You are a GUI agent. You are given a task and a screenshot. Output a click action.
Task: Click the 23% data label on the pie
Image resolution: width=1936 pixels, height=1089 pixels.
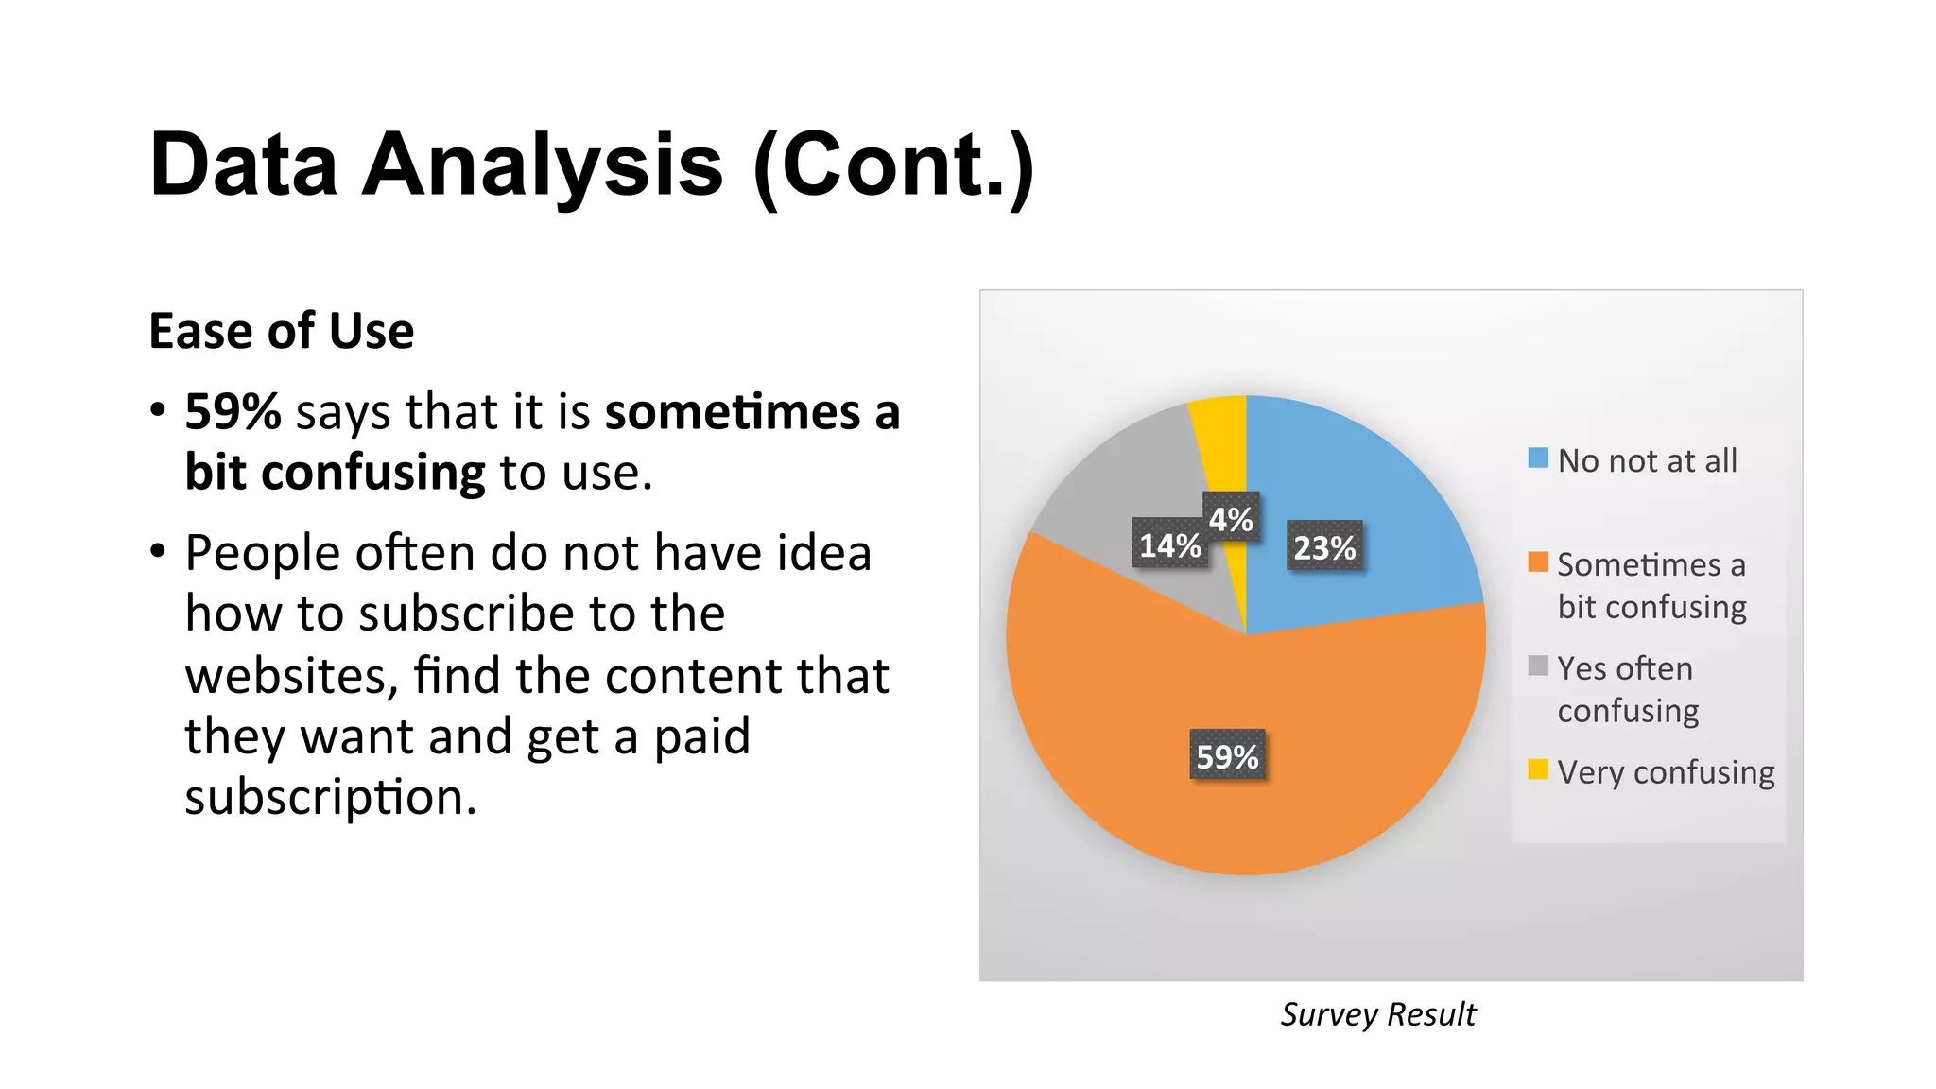1323,547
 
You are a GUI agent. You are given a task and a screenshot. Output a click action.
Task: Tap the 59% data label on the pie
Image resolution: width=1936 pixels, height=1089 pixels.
1227,756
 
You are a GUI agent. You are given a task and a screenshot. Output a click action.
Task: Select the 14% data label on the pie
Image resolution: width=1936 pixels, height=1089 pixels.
1169,545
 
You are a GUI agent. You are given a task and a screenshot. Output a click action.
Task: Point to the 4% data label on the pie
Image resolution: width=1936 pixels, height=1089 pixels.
1231,519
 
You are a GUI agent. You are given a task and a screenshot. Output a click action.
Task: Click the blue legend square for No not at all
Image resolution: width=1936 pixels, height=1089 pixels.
1538,458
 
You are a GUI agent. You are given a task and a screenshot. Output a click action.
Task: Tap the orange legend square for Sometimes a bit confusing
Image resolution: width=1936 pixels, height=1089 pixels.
1538,562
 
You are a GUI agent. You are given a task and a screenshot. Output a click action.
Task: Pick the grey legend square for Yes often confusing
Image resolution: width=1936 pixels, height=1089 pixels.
1538,666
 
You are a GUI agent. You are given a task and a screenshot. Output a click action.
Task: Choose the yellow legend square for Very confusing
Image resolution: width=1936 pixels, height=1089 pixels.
1538,769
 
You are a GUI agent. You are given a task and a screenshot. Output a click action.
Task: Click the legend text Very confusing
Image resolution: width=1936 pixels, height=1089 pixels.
1666,772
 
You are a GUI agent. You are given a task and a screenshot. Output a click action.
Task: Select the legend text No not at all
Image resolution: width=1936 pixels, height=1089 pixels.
1647,461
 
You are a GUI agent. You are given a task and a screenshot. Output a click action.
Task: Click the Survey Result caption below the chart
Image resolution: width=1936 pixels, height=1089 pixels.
1377,1014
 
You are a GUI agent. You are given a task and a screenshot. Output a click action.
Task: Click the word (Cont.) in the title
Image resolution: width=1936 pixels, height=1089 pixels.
893,164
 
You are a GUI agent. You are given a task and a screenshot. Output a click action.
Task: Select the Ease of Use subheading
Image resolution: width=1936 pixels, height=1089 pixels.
281,331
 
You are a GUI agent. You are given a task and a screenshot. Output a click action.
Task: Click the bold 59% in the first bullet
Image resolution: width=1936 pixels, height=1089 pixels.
233,412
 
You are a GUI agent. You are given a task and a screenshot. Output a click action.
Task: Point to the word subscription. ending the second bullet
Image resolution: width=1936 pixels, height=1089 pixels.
330,798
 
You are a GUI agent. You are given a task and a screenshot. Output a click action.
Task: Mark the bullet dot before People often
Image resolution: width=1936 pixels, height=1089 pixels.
158,550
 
